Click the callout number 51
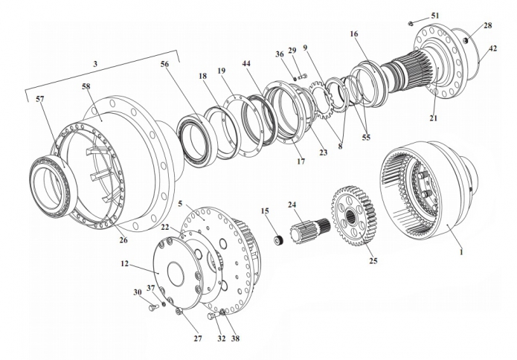(435, 16)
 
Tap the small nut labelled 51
(411, 23)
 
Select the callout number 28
(488, 25)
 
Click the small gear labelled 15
(279, 240)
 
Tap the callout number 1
(461, 252)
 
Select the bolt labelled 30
(154, 308)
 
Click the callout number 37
(151, 288)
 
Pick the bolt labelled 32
(213, 316)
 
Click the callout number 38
(235, 338)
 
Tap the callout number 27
(198, 338)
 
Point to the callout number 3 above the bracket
(95, 64)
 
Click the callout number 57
(39, 99)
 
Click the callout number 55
(366, 137)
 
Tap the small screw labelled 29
(302, 77)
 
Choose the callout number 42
(492, 48)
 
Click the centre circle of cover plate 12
(176, 273)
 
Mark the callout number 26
(123, 240)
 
